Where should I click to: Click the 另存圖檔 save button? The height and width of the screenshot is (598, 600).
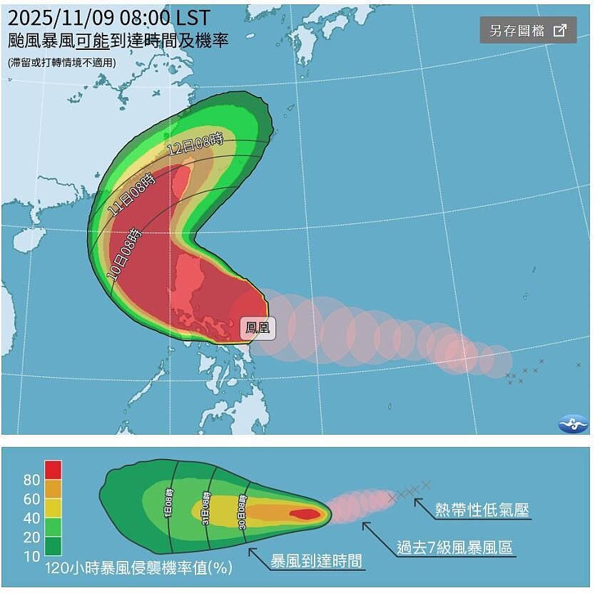point(528,30)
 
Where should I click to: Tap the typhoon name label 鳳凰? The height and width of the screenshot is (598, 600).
point(257,328)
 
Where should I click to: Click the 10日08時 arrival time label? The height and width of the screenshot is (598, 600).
point(124,254)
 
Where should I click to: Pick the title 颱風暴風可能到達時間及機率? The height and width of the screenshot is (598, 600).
point(118,41)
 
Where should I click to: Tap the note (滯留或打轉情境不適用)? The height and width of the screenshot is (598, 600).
point(61,63)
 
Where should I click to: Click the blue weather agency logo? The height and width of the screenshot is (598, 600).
point(573,423)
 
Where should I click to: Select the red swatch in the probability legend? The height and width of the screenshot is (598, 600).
point(53,470)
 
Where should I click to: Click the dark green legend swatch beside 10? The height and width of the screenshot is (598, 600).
point(53,547)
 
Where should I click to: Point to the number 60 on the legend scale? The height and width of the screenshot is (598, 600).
point(31,500)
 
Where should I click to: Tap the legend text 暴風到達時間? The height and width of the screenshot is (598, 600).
point(316,561)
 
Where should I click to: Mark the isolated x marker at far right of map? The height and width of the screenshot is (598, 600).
point(578,365)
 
